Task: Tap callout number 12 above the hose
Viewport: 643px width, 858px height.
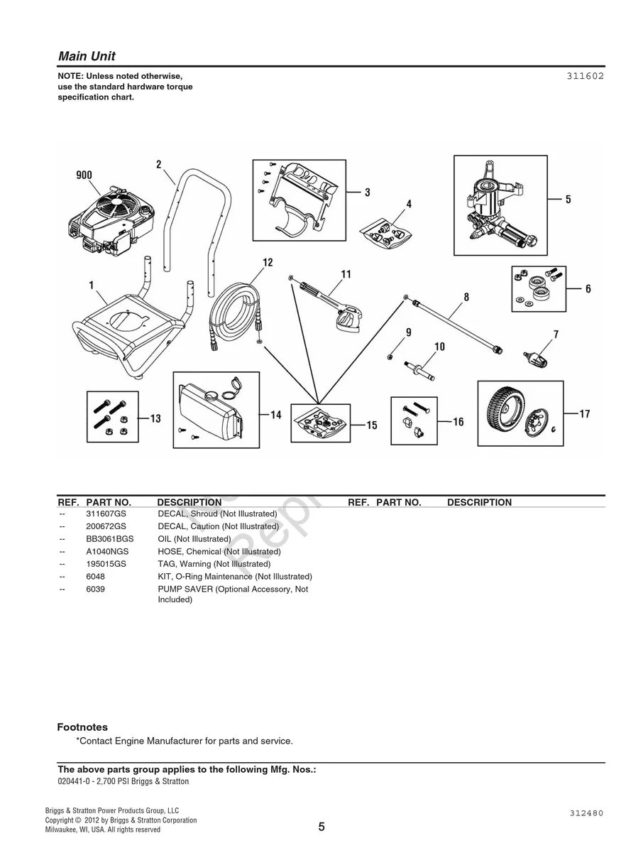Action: (268, 263)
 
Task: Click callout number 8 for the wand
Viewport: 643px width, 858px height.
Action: (466, 297)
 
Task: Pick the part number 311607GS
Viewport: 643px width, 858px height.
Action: (106, 514)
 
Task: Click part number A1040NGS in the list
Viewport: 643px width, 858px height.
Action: (107, 551)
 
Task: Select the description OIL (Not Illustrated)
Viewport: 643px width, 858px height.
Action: (194, 539)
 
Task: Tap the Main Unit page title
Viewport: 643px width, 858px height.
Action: (87, 56)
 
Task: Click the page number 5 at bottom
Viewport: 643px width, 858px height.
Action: (321, 827)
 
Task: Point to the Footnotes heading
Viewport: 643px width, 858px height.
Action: (82, 727)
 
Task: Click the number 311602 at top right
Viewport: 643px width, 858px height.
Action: (585, 76)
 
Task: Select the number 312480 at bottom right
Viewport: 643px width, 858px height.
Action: (586, 813)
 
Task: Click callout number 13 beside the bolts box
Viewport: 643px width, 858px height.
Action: (155, 418)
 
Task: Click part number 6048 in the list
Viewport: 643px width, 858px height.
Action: (95, 577)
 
